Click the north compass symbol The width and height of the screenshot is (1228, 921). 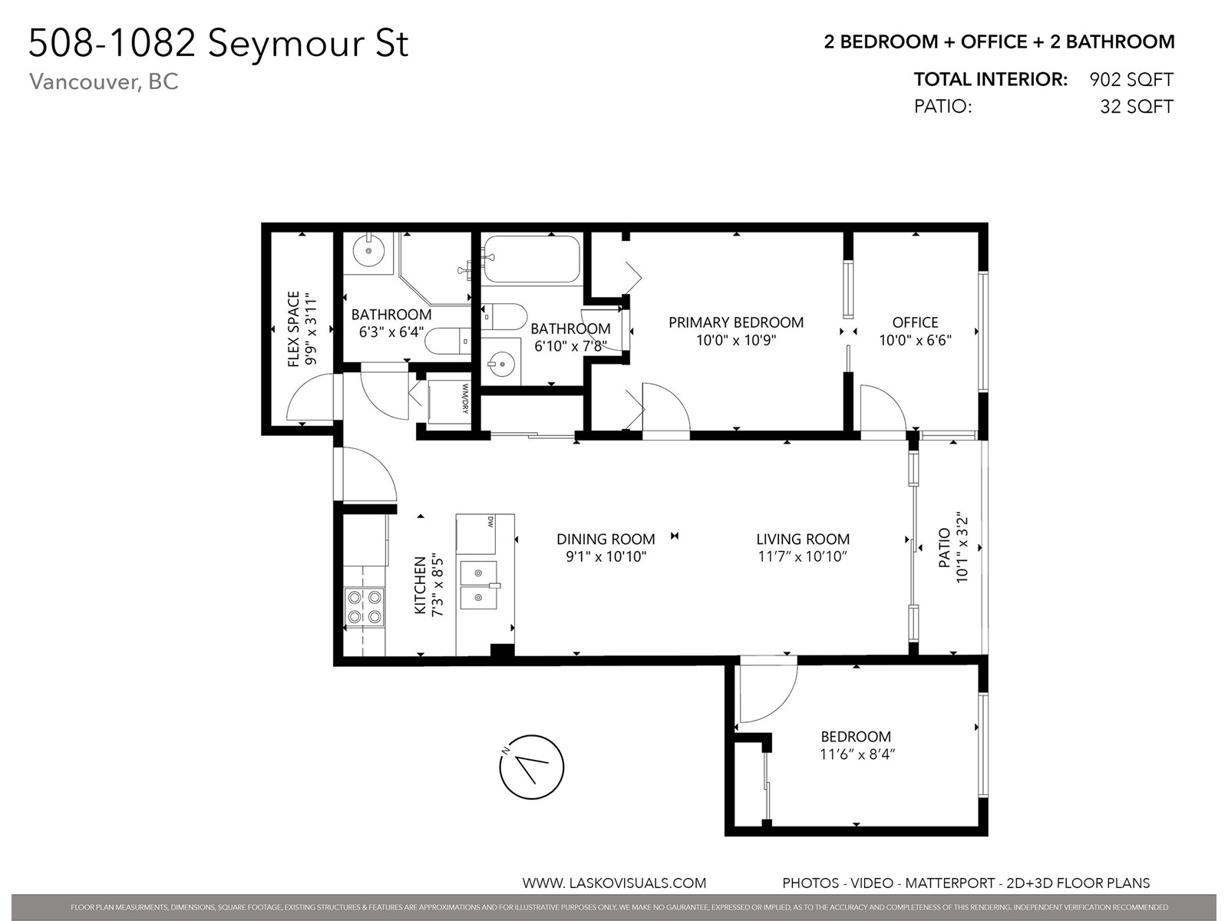point(531,766)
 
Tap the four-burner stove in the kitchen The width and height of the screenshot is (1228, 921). point(365,606)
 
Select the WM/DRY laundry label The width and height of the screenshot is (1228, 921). point(465,398)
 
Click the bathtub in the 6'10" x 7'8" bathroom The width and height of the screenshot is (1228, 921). point(531,259)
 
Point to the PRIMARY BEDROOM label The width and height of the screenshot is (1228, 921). point(736,322)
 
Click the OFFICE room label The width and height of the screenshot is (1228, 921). point(916,322)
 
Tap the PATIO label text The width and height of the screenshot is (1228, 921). point(944,548)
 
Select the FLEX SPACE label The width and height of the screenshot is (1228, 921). point(294,328)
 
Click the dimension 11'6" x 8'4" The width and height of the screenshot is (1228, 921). point(857,754)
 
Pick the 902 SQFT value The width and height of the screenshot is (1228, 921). point(1131,79)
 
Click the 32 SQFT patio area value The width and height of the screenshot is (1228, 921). point(1137,106)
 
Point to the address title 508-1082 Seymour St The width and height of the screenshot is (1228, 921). point(218,43)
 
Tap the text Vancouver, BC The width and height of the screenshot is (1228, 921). point(104,81)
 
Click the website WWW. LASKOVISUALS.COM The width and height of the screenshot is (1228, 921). point(614,883)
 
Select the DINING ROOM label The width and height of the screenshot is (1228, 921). point(606,539)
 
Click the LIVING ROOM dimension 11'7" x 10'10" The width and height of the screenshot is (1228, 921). point(803,556)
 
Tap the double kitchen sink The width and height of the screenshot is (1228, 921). point(478,585)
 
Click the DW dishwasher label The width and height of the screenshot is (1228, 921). point(490,522)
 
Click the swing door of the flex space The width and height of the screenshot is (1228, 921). point(311,396)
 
